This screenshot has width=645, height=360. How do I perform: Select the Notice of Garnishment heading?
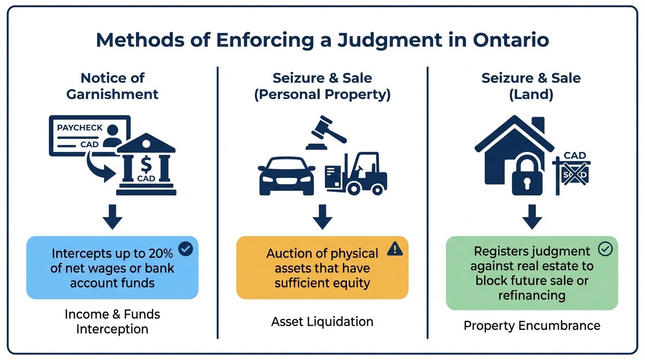coord(112,86)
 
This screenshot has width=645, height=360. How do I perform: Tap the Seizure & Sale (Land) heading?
coord(531,86)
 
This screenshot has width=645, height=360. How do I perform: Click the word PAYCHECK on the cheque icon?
coord(80,127)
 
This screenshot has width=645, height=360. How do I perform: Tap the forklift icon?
coord(356,173)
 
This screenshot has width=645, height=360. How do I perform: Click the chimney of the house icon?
coord(538,125)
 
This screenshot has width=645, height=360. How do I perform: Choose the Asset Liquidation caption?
coord(322,322)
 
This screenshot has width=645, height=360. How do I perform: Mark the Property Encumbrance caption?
coord(532,325)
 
